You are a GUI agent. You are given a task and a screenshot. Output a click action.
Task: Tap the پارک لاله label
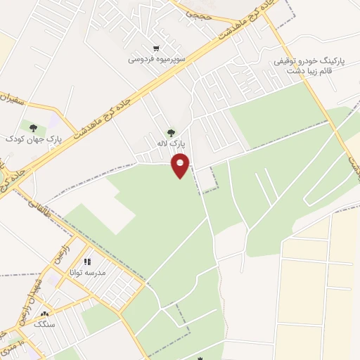click(x=170, y=143)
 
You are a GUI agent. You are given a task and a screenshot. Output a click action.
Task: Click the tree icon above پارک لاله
click(x=170, y=131)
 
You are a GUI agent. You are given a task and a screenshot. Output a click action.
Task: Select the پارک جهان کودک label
click(x=34, y=139)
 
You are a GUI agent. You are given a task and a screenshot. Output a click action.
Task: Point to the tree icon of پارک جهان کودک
click(x=34, y=127)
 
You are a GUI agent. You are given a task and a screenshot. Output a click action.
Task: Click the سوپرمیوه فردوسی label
click(x=156, y=60)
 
